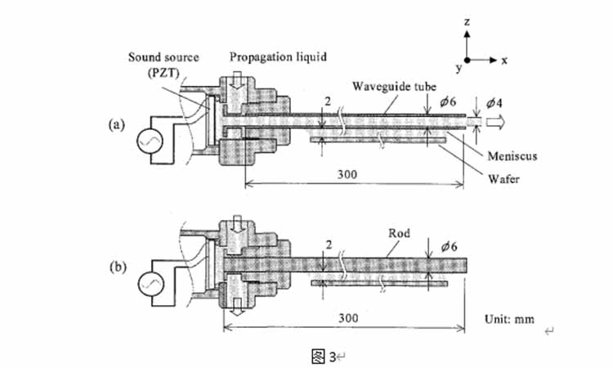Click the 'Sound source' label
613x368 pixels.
click(159, 56)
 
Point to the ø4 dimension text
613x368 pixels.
click(495, 103)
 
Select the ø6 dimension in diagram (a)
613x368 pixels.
click(447, 103)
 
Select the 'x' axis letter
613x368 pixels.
click(505, 60)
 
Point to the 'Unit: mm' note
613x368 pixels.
click(510, 318)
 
